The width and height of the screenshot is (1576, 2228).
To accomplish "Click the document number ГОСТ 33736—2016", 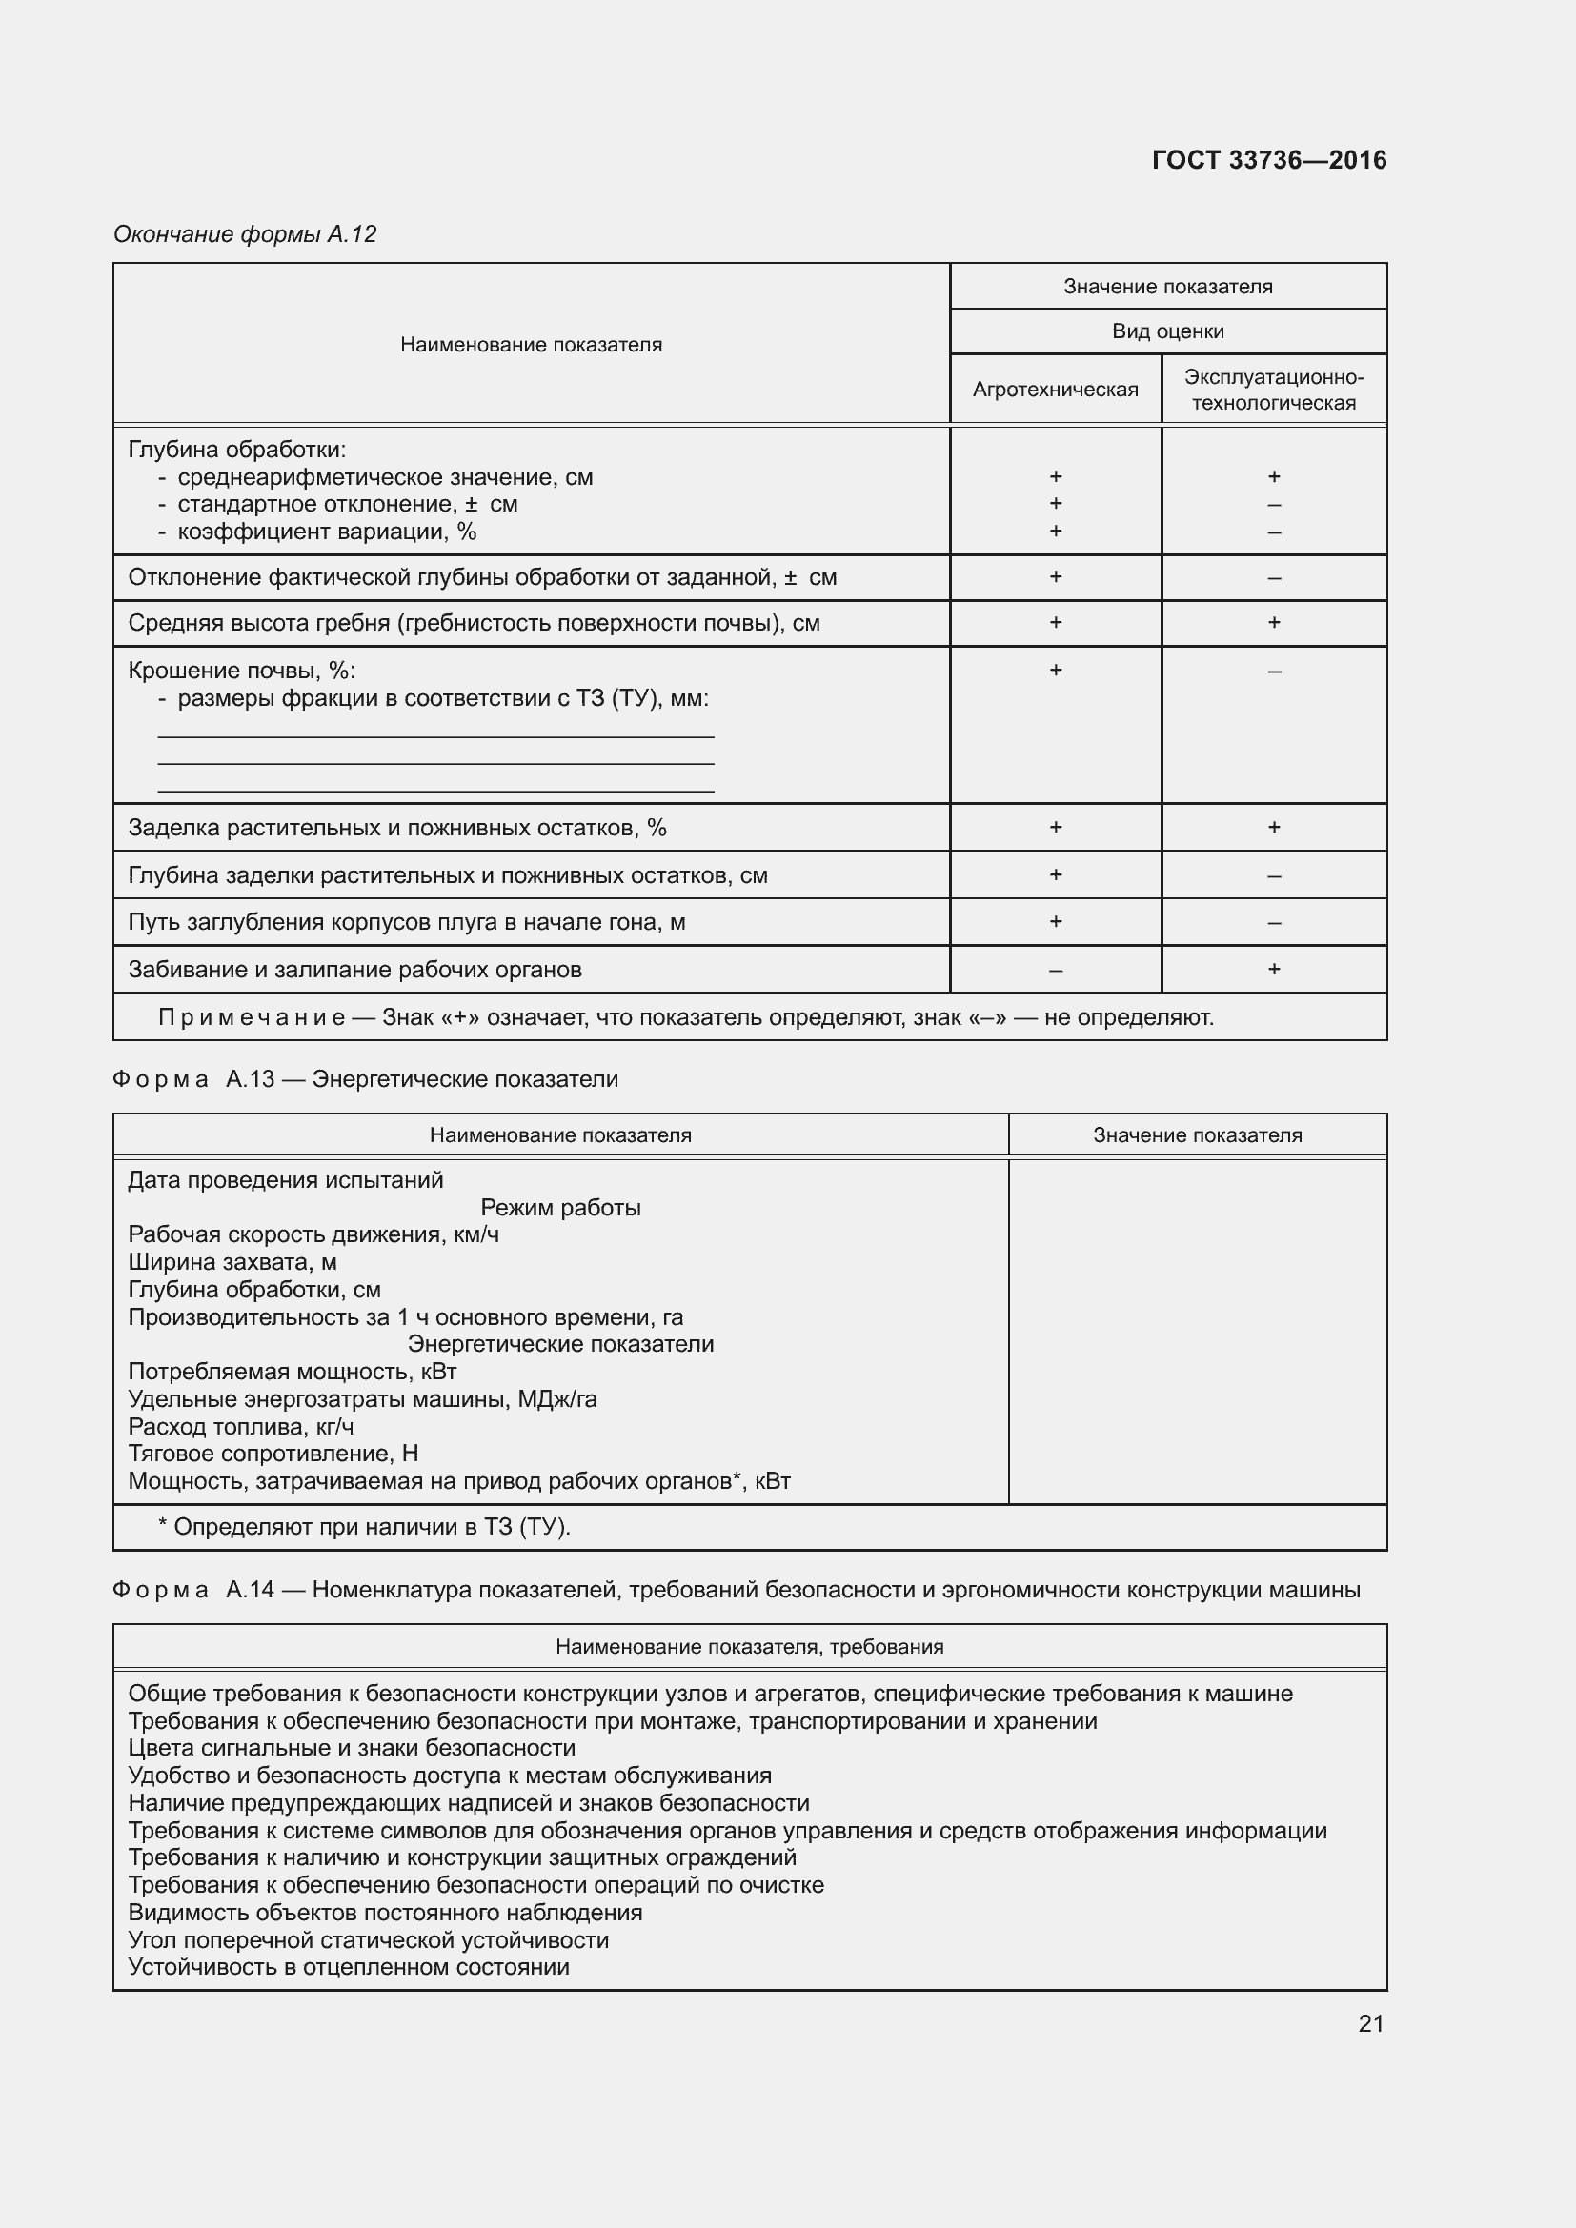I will pos(1268,160).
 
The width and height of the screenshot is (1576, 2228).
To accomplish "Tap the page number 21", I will pos(1370,2023).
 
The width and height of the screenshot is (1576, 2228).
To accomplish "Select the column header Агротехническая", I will pos(1055,390).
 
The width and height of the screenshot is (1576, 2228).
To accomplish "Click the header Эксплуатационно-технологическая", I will pos(1273,390).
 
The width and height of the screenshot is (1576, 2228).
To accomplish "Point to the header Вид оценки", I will pos(1167,331).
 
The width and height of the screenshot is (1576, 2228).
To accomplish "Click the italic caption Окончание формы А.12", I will pos(245,234).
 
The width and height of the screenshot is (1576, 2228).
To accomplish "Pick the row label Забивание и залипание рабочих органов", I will pos(354,970).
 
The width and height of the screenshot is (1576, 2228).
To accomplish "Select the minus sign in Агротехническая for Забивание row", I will pos(1055,971).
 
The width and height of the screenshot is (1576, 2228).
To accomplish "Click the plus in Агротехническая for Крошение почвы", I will pos(1055,671).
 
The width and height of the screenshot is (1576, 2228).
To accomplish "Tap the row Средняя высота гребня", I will pos(474,623).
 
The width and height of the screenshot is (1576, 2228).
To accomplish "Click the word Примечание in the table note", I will pos(252,1017).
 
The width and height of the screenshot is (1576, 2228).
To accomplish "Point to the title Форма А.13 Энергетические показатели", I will pos(365,1079).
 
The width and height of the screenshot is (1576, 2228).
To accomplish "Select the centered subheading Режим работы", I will pos(560,1207).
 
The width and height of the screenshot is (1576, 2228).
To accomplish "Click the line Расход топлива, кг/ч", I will pos(241,1427).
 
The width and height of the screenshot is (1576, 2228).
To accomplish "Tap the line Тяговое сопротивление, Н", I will pos(273,1454).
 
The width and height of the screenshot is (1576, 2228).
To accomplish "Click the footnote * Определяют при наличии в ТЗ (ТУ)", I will pos(364,1526).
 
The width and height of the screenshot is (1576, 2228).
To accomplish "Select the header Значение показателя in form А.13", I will pos(1197,1135).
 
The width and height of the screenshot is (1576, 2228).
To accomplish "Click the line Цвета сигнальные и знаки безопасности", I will pos(352,1748).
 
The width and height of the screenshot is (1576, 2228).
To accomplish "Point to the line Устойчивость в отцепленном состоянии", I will pos(349,1967).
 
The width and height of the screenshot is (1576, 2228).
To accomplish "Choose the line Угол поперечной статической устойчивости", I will pos(368,1939).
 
